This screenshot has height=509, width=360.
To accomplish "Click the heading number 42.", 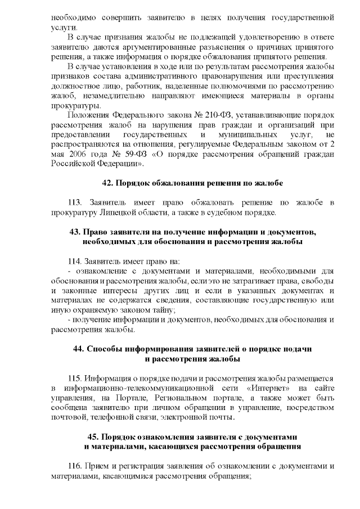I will point(107,183).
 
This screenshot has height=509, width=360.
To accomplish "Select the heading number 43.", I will point(74,232).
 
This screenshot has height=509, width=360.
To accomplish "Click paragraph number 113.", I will point(75,202).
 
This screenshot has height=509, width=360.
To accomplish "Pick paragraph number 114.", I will point(75,261).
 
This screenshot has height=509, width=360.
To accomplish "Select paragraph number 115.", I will point(75,378).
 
